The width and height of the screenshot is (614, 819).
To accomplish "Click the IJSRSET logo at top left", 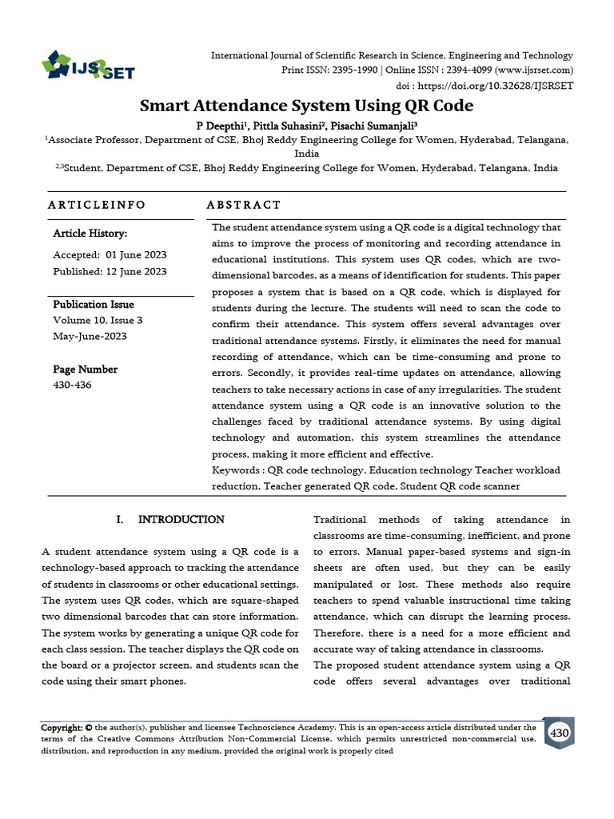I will click(88, 66).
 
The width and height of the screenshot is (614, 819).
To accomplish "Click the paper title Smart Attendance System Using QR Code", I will click(307, 106).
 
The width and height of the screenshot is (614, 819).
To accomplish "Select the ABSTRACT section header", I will click(244, 205).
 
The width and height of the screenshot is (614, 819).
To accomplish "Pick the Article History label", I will click(90, 234).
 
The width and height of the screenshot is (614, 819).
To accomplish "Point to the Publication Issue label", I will click(94, 305).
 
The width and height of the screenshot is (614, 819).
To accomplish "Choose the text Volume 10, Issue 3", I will click(98, 321).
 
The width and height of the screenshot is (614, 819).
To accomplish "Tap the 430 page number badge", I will click(559, 733).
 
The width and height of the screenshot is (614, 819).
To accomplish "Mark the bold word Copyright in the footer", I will click(62, 728).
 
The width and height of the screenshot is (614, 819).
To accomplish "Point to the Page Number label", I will click(85, 370).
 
